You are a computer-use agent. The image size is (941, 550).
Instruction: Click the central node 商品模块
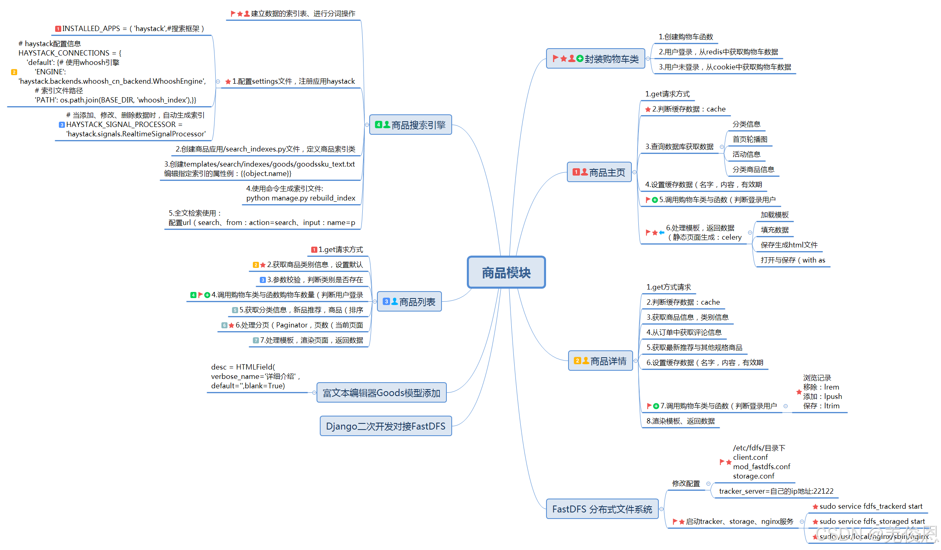pos(506,272)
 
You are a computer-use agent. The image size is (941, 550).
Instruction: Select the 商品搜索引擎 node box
pos(410,125)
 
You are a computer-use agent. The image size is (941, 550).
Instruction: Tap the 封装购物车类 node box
pos(595,59)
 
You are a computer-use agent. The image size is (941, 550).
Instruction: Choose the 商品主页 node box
pos(599,172)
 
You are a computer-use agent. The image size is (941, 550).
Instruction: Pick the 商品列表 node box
pos(409,302)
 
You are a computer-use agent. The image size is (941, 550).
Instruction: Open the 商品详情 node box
pos(600,361)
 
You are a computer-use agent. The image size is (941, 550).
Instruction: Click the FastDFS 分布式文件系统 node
pos(602,509)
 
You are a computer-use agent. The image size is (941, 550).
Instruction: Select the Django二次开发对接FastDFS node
pos(386,426)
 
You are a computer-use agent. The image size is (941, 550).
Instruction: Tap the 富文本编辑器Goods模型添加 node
pos(381,393)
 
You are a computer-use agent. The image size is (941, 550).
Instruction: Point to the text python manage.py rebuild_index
pos(301,198)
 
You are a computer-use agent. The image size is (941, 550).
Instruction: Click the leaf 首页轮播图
pos(750,139)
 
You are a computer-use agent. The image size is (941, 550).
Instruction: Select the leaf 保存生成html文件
pos(789,245)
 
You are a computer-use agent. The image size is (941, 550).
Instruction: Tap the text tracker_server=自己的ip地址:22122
pos(776,491)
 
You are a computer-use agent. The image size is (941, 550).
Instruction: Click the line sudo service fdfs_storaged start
pos(872,521)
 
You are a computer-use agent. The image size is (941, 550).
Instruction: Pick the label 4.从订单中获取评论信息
pos(684,332)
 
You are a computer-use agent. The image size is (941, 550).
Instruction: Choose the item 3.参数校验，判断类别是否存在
pos(315,280)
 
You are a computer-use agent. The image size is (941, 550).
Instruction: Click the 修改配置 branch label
pos(686,483)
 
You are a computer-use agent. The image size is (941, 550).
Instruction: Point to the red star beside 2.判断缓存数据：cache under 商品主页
pos(648,109)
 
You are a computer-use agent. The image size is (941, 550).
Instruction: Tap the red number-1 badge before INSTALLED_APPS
pos(58,29)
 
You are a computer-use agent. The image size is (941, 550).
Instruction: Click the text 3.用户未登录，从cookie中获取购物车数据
pos(725,67)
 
